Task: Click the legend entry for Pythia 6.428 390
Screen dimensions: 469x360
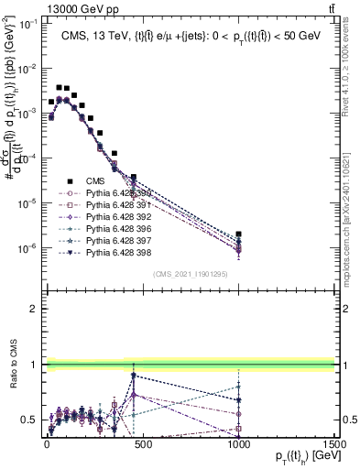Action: (108, 193)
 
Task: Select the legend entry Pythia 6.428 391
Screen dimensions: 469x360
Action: (108, 205)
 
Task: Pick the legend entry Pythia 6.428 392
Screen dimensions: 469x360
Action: (108, 217)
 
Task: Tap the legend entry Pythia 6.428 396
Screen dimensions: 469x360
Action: (108, 228)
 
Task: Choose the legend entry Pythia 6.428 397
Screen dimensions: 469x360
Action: (108, 240)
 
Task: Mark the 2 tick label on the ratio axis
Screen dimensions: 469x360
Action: (32, 309)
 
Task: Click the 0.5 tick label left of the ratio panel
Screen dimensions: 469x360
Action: (28, 420)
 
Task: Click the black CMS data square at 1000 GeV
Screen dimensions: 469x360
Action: (238, 234)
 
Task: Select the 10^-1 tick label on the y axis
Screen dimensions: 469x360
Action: (27, 25)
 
